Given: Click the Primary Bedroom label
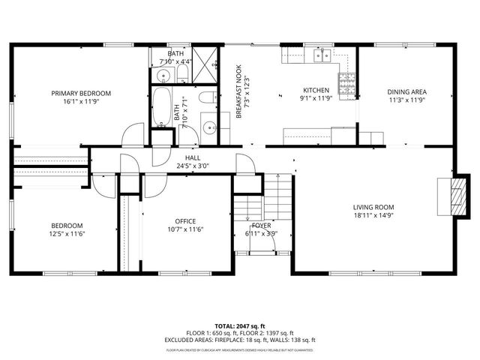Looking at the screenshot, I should (81, 93).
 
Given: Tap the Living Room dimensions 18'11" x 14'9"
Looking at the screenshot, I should (373, 216).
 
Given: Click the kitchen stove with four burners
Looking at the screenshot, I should (347, 86).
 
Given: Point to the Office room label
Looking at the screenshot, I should (185, 221).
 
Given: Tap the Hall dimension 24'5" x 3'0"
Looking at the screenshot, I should (193, 166).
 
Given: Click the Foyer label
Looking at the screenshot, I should (262, 225).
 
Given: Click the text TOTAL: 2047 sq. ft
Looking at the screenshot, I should (240, 326).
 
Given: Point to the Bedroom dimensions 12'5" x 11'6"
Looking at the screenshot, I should (67, 234).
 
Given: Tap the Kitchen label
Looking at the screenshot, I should (315, 90).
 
